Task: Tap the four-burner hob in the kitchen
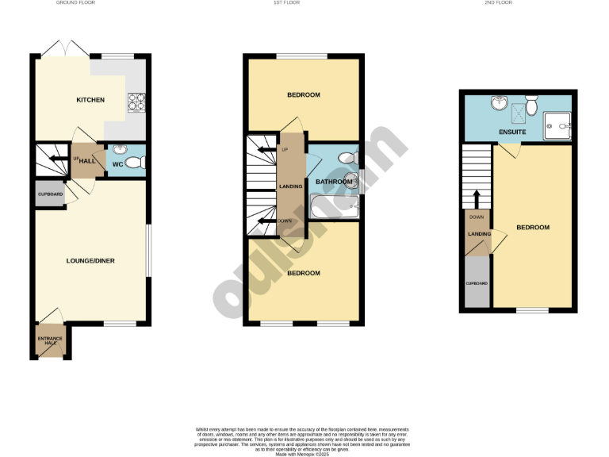pyautogui.click(x=136, y=102)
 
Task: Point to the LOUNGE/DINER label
pyautogui.click(x=91, y=260)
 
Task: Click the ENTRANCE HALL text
pyautogui.click(x=51, y=341)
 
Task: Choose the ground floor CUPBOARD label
pyautogui.click(x=49, y=194)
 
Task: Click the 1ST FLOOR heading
pyautogui.click(x=304, y=3)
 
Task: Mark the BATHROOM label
pyautogui.click(x=333, y=182)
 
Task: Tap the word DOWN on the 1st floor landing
pyautogui.click(x=285, y=221)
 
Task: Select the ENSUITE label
pyautogui.click(x=512, y=132)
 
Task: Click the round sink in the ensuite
pyautogui.click(x=500, y=104)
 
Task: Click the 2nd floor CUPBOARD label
pyautogui.click(x=477, y=283)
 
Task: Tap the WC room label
pyautogui.click(x=117, y=165)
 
